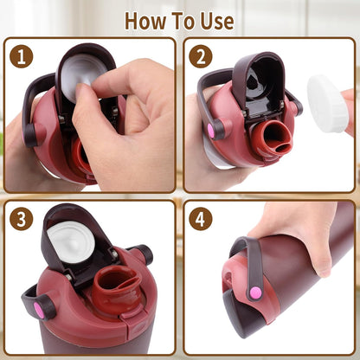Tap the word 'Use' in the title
pyautogui.click(x=217, y=21)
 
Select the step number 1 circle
pyautogui.click(x=22, y=56)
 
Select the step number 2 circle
pyautogui.click(x=201, y=56)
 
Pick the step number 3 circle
pyautogui.click(x=22, y=219)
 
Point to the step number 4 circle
pyautogui.click(x=201, y=219)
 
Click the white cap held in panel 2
pyautogui.click(x=327, y=103)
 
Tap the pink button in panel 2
pyautogui.click(x=210, y=130)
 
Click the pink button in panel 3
pyautogui.click(x=38, y=310)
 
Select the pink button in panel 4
pyautogui.click(x=256, y=293)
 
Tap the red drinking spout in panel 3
pyautogui.click(x=117, y=286)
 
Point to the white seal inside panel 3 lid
pyautogui.click(x=71, y=243)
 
